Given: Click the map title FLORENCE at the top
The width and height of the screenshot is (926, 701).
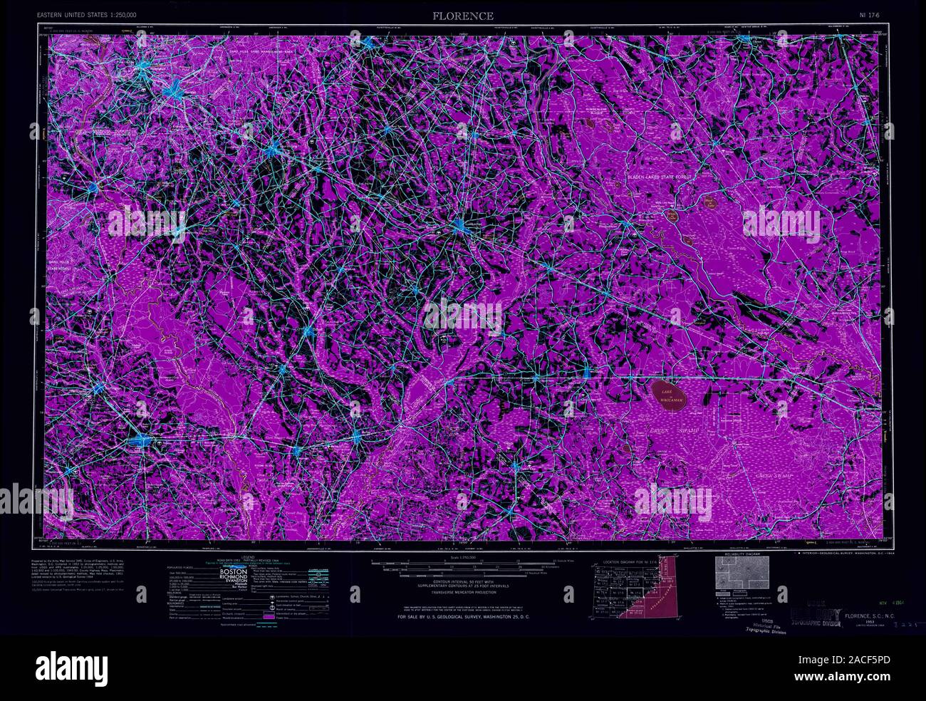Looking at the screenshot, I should coord(463,16).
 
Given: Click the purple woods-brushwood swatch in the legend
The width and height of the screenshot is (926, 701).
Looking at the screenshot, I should coord(269,616).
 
